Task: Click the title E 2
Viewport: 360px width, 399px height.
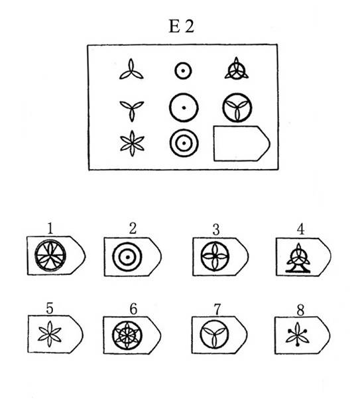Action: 182,27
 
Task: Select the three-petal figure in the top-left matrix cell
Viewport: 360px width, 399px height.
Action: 131,70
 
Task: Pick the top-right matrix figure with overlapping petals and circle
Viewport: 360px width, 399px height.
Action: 237,68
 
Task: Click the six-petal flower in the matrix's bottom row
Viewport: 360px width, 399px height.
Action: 132,144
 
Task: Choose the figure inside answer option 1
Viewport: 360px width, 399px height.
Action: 50,255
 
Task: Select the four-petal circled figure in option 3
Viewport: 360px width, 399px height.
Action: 215,256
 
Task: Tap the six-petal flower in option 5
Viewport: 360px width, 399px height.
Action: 50,334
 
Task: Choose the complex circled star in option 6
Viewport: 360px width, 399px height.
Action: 127,335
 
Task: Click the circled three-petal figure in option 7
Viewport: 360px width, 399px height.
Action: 214,334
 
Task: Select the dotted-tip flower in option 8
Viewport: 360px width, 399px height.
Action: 298,334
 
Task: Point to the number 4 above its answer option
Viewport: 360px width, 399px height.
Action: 300,229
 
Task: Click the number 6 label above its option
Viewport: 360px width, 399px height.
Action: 133,309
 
